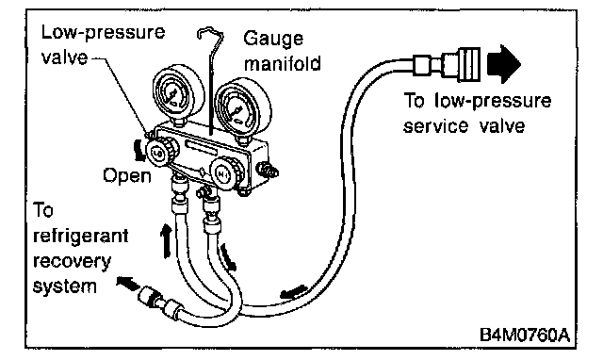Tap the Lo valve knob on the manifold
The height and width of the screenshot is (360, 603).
tap(161, 152)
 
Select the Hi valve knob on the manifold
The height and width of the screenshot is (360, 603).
tap(226, 173)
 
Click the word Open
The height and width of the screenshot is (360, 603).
tap(127, 176)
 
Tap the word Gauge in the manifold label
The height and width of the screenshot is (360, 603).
tap(273, 39)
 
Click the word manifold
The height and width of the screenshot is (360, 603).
tap(283, 63)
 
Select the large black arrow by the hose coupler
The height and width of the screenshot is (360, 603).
tap(504, 64)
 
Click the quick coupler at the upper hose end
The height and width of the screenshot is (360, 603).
tap(447, 64)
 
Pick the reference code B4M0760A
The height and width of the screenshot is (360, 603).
tap(525, 335)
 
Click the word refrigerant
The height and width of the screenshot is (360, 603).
tap(81, 236)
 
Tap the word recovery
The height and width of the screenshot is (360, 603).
tap(72, 261)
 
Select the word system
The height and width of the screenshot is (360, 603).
tap(65, 286)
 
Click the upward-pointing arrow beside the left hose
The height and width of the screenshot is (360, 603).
tap(166, 241)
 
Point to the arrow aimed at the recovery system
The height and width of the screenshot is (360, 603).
tap(128, 284)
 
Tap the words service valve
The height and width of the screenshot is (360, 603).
tap(464, 125)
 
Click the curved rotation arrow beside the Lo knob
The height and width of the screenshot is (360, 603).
tap(139, 151)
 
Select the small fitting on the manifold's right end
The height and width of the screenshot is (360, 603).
tap(267, 170)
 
